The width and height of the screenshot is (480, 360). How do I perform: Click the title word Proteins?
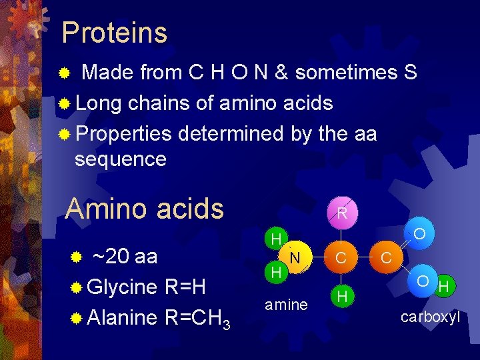click(x=114, y=32)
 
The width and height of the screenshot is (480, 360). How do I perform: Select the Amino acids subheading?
click(x=145, y=209)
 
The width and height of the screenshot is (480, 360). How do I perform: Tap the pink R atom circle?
click(x=341, y=214)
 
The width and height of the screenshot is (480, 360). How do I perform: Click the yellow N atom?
click(x=295, y=257)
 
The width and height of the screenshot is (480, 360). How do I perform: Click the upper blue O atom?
click(x=420, y=234)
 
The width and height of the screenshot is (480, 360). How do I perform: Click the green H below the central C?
click(x=341, y=295)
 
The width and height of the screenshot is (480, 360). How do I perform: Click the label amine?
click(x=286, y=305)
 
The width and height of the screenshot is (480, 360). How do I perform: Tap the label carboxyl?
click(x=430, y=317)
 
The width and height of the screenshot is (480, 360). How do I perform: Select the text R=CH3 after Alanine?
click(x=197, y=318)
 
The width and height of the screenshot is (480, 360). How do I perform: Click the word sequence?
click(x=121, y=159)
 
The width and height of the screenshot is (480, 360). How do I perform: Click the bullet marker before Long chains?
click(x=65, y=103)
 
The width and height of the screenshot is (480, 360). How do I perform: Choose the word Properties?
click(x=124, y=134)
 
